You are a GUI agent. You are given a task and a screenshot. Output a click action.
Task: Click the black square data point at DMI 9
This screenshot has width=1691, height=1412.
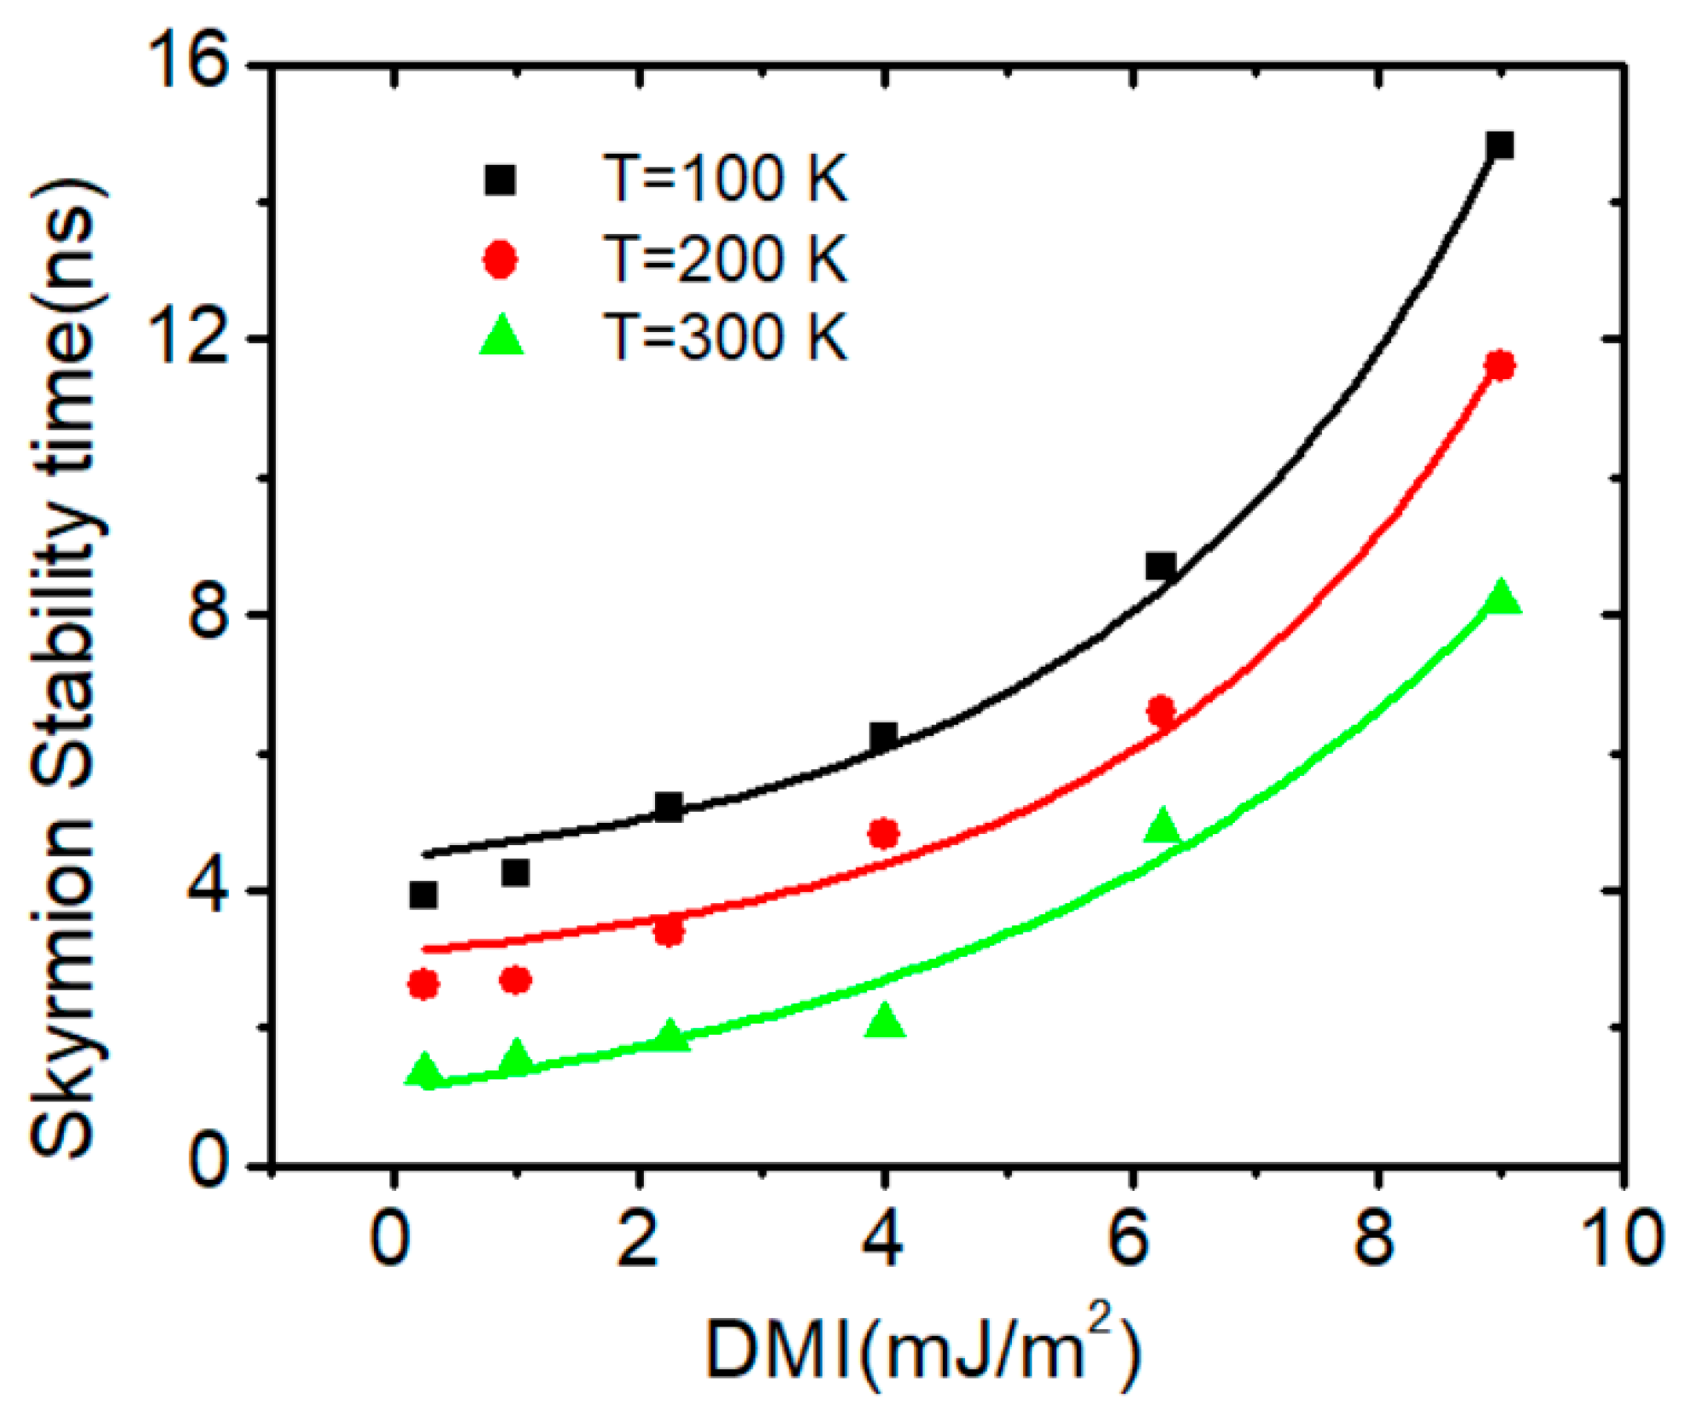(x=1500, y=145)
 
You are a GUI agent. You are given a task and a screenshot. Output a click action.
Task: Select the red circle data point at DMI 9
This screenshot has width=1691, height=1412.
(x=1500, y=365)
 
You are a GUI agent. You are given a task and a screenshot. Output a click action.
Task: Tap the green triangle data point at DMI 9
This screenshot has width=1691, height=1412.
(x=1502, y=598)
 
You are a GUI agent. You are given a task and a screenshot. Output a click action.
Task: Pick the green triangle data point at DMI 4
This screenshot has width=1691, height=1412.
(x=885, y=1021)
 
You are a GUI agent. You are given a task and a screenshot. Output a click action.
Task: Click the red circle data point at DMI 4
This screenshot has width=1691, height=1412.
(x=884, y=833)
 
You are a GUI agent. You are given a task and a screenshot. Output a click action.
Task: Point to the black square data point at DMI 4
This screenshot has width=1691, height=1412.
(x=884, y=735)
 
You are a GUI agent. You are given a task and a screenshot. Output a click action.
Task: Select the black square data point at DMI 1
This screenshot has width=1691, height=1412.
(x=515, y=872)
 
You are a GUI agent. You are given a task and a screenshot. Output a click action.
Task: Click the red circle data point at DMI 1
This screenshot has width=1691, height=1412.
(x=515, y=981)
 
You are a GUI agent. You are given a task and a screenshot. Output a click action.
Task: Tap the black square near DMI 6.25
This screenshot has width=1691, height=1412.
(x=1161, y=565)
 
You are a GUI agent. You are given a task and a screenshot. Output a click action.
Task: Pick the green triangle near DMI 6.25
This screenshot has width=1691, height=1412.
(x=1161, y=826)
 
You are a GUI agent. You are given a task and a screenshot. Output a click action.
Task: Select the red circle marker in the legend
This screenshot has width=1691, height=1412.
(x=500, y=259)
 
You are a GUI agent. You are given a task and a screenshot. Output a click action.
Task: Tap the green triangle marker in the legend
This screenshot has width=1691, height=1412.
(x=501, y=335)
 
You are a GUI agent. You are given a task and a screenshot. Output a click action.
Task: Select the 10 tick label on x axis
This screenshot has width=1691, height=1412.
(x=1621, y=1239)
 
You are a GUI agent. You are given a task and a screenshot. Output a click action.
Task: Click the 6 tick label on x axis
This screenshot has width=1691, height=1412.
(x=1130, y=1239)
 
